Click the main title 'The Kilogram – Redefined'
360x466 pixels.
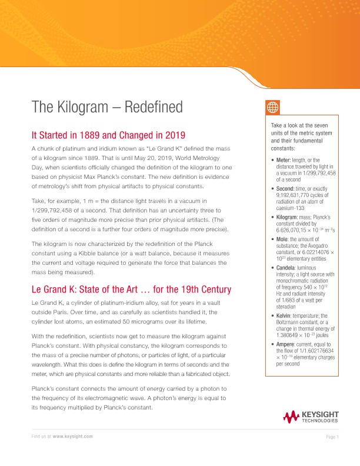pyautogui.click(x=107, y=107)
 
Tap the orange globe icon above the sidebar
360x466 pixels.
pyautogui.click(x=272, y=107)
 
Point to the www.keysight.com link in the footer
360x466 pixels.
pyautogui.click(x=73, y=436)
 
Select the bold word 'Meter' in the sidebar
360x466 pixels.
pyautogui.click(x=284, y=160)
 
